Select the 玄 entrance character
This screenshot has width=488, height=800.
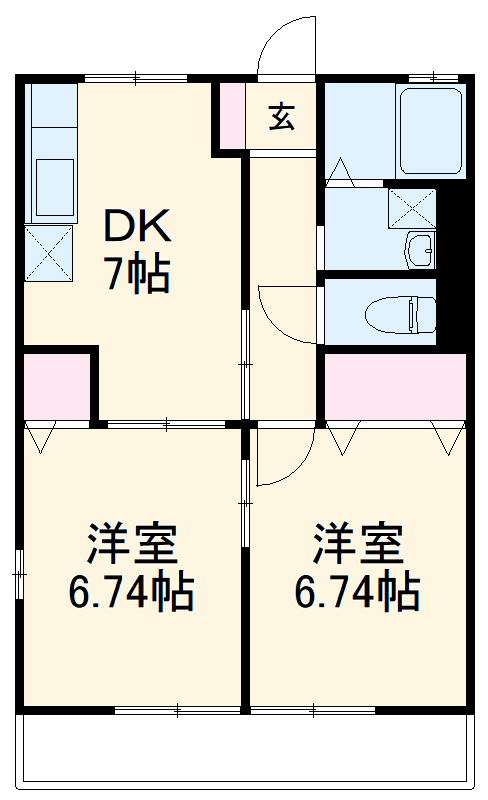[281, 117]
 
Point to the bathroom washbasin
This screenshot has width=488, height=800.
[420, 248]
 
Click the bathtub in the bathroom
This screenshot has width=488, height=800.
[430, 132]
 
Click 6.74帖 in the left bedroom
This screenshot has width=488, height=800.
[131, 593]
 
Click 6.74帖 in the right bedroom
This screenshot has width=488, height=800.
[357, 593]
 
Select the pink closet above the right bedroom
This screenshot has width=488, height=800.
[395, 386]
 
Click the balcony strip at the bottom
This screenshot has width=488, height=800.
[244, 749]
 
